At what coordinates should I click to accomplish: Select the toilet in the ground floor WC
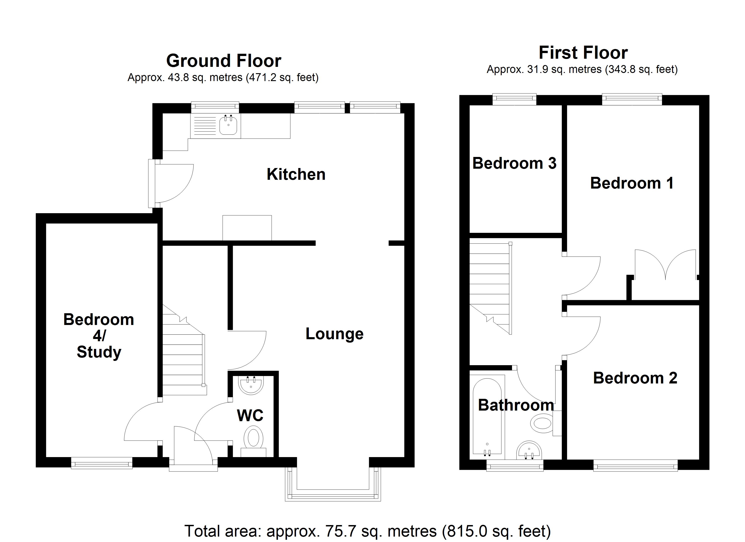(254, 439)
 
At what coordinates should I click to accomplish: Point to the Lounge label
(334, 334)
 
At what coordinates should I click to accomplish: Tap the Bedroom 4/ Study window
(102, 463)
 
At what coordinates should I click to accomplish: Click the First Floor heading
(583, 53)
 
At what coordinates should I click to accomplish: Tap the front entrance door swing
(192, 444)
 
